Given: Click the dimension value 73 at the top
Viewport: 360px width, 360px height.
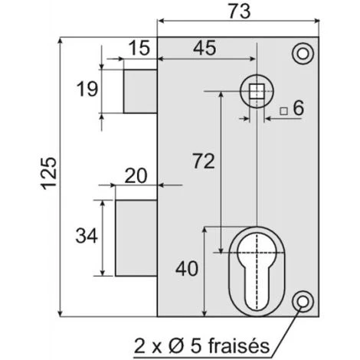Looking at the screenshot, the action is point(239,11).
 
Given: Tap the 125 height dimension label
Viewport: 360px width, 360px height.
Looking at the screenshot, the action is point(48,174).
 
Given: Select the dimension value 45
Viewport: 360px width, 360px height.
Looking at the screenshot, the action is point(205,48).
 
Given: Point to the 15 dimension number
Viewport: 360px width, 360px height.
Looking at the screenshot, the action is point(139,48).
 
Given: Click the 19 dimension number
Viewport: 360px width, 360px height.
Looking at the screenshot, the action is point(87,89).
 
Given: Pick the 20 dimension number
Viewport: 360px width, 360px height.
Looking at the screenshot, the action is point(136,175).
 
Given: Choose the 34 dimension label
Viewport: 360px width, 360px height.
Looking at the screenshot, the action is point(87,236).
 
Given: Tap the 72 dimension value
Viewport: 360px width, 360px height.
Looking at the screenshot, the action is point(204,161).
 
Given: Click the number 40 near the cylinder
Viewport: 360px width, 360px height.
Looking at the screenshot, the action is point(187,269).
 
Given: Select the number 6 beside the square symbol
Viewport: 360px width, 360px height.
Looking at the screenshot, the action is point(298,108).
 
